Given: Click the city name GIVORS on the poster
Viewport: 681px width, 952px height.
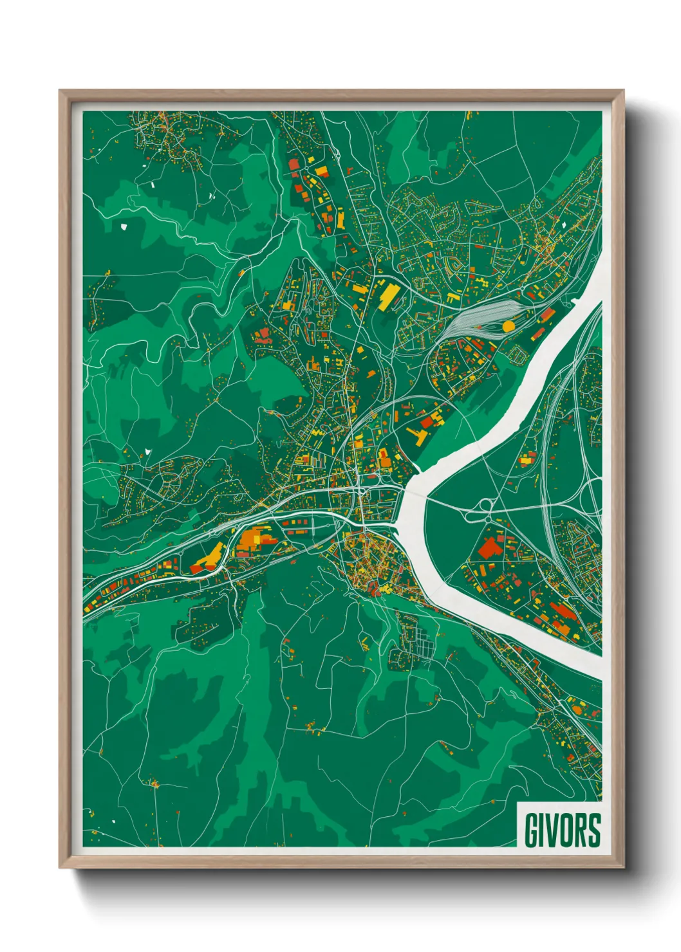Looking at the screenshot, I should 562,830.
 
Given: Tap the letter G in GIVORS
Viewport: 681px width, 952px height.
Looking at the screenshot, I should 532,830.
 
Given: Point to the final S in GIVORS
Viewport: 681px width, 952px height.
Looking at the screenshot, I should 594,830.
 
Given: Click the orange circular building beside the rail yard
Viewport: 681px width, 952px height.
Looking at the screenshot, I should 508,326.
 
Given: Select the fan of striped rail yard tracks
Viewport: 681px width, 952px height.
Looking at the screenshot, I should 480,317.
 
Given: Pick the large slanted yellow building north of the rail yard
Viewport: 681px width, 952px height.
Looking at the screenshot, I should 389,297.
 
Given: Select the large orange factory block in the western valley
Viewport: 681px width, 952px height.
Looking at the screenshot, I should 253,539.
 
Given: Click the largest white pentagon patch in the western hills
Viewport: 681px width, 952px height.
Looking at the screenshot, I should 124,226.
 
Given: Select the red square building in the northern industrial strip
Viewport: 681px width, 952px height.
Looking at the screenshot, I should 294,164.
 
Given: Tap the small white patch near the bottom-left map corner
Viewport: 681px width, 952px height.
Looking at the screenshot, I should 113,821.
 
